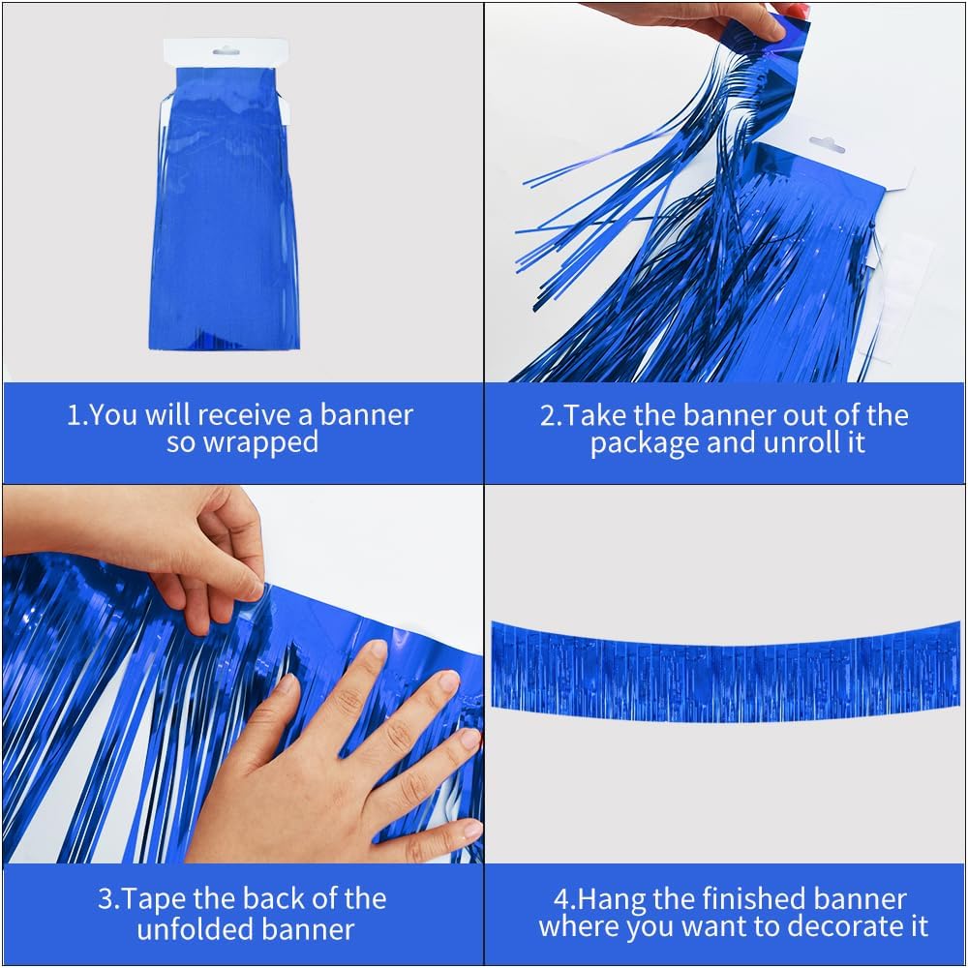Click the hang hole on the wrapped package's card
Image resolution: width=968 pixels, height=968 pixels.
point(226,48)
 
